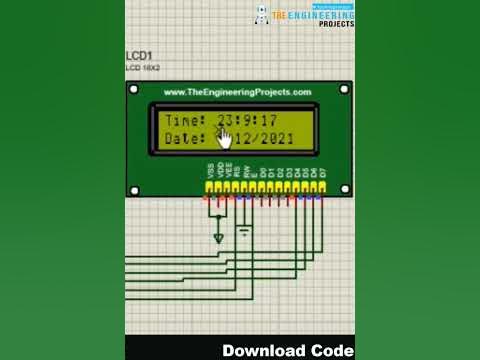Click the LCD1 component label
pos(138,56)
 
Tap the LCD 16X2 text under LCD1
pos(140,68)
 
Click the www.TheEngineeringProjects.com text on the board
pos(237,92)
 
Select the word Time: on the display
pos(185,120)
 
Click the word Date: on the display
pos(185,138)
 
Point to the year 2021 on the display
pos(274,138)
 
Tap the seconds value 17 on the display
pos(268,120)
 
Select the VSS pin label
pos(210,171)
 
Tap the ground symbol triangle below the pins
pos(219,238)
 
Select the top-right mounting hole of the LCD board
pos(344,90)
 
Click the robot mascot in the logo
pos(262,15)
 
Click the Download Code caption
pos(287,350)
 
